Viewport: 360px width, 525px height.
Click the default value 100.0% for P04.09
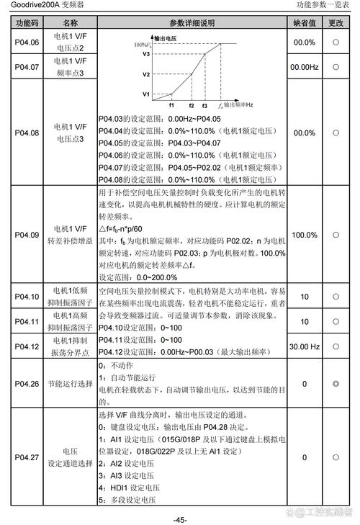pyautogui.click(x=305, y=235)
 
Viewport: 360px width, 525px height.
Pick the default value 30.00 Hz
pyautogui.click(x=305, y=346)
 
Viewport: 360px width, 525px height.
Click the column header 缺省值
pyautogui.click(x=305, y=23)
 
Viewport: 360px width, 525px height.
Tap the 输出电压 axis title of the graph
pyautogui.click(x=166, y=36)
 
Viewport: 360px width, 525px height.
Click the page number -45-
pyautogui.click(x=180, y=519)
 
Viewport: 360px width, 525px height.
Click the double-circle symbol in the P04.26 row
pyautogui.click(x=336, y=384)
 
